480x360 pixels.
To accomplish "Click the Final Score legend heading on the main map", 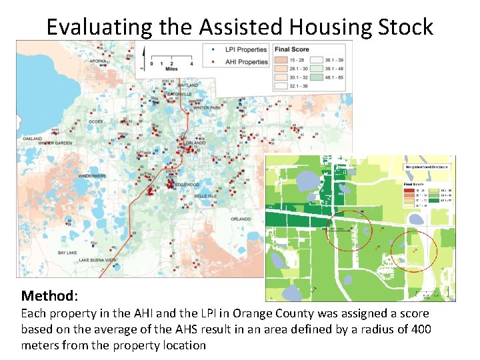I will (x=291, y=49).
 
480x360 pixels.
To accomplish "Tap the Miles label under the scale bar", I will (x=172, y=69).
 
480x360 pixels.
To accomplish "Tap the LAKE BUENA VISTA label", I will (x=97, y=260).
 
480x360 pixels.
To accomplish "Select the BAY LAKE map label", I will (x=68, y=253).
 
